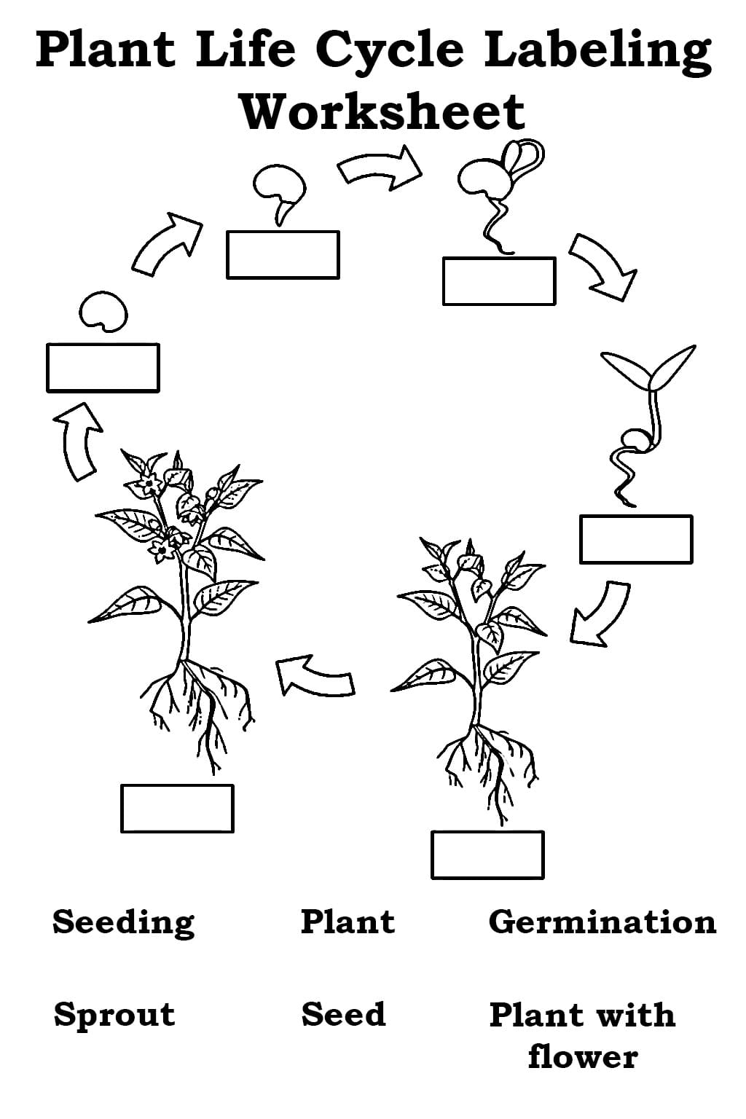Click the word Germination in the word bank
602,923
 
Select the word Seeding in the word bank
123,923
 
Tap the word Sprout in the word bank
114,1016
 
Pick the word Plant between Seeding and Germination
348,921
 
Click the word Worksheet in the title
383,111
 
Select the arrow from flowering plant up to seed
77,441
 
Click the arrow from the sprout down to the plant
599,613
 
